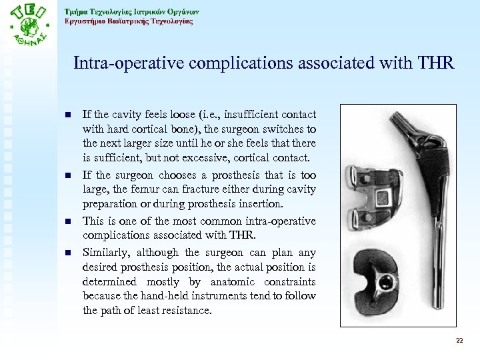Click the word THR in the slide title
point(433,64)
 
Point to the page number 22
point(459,341)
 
